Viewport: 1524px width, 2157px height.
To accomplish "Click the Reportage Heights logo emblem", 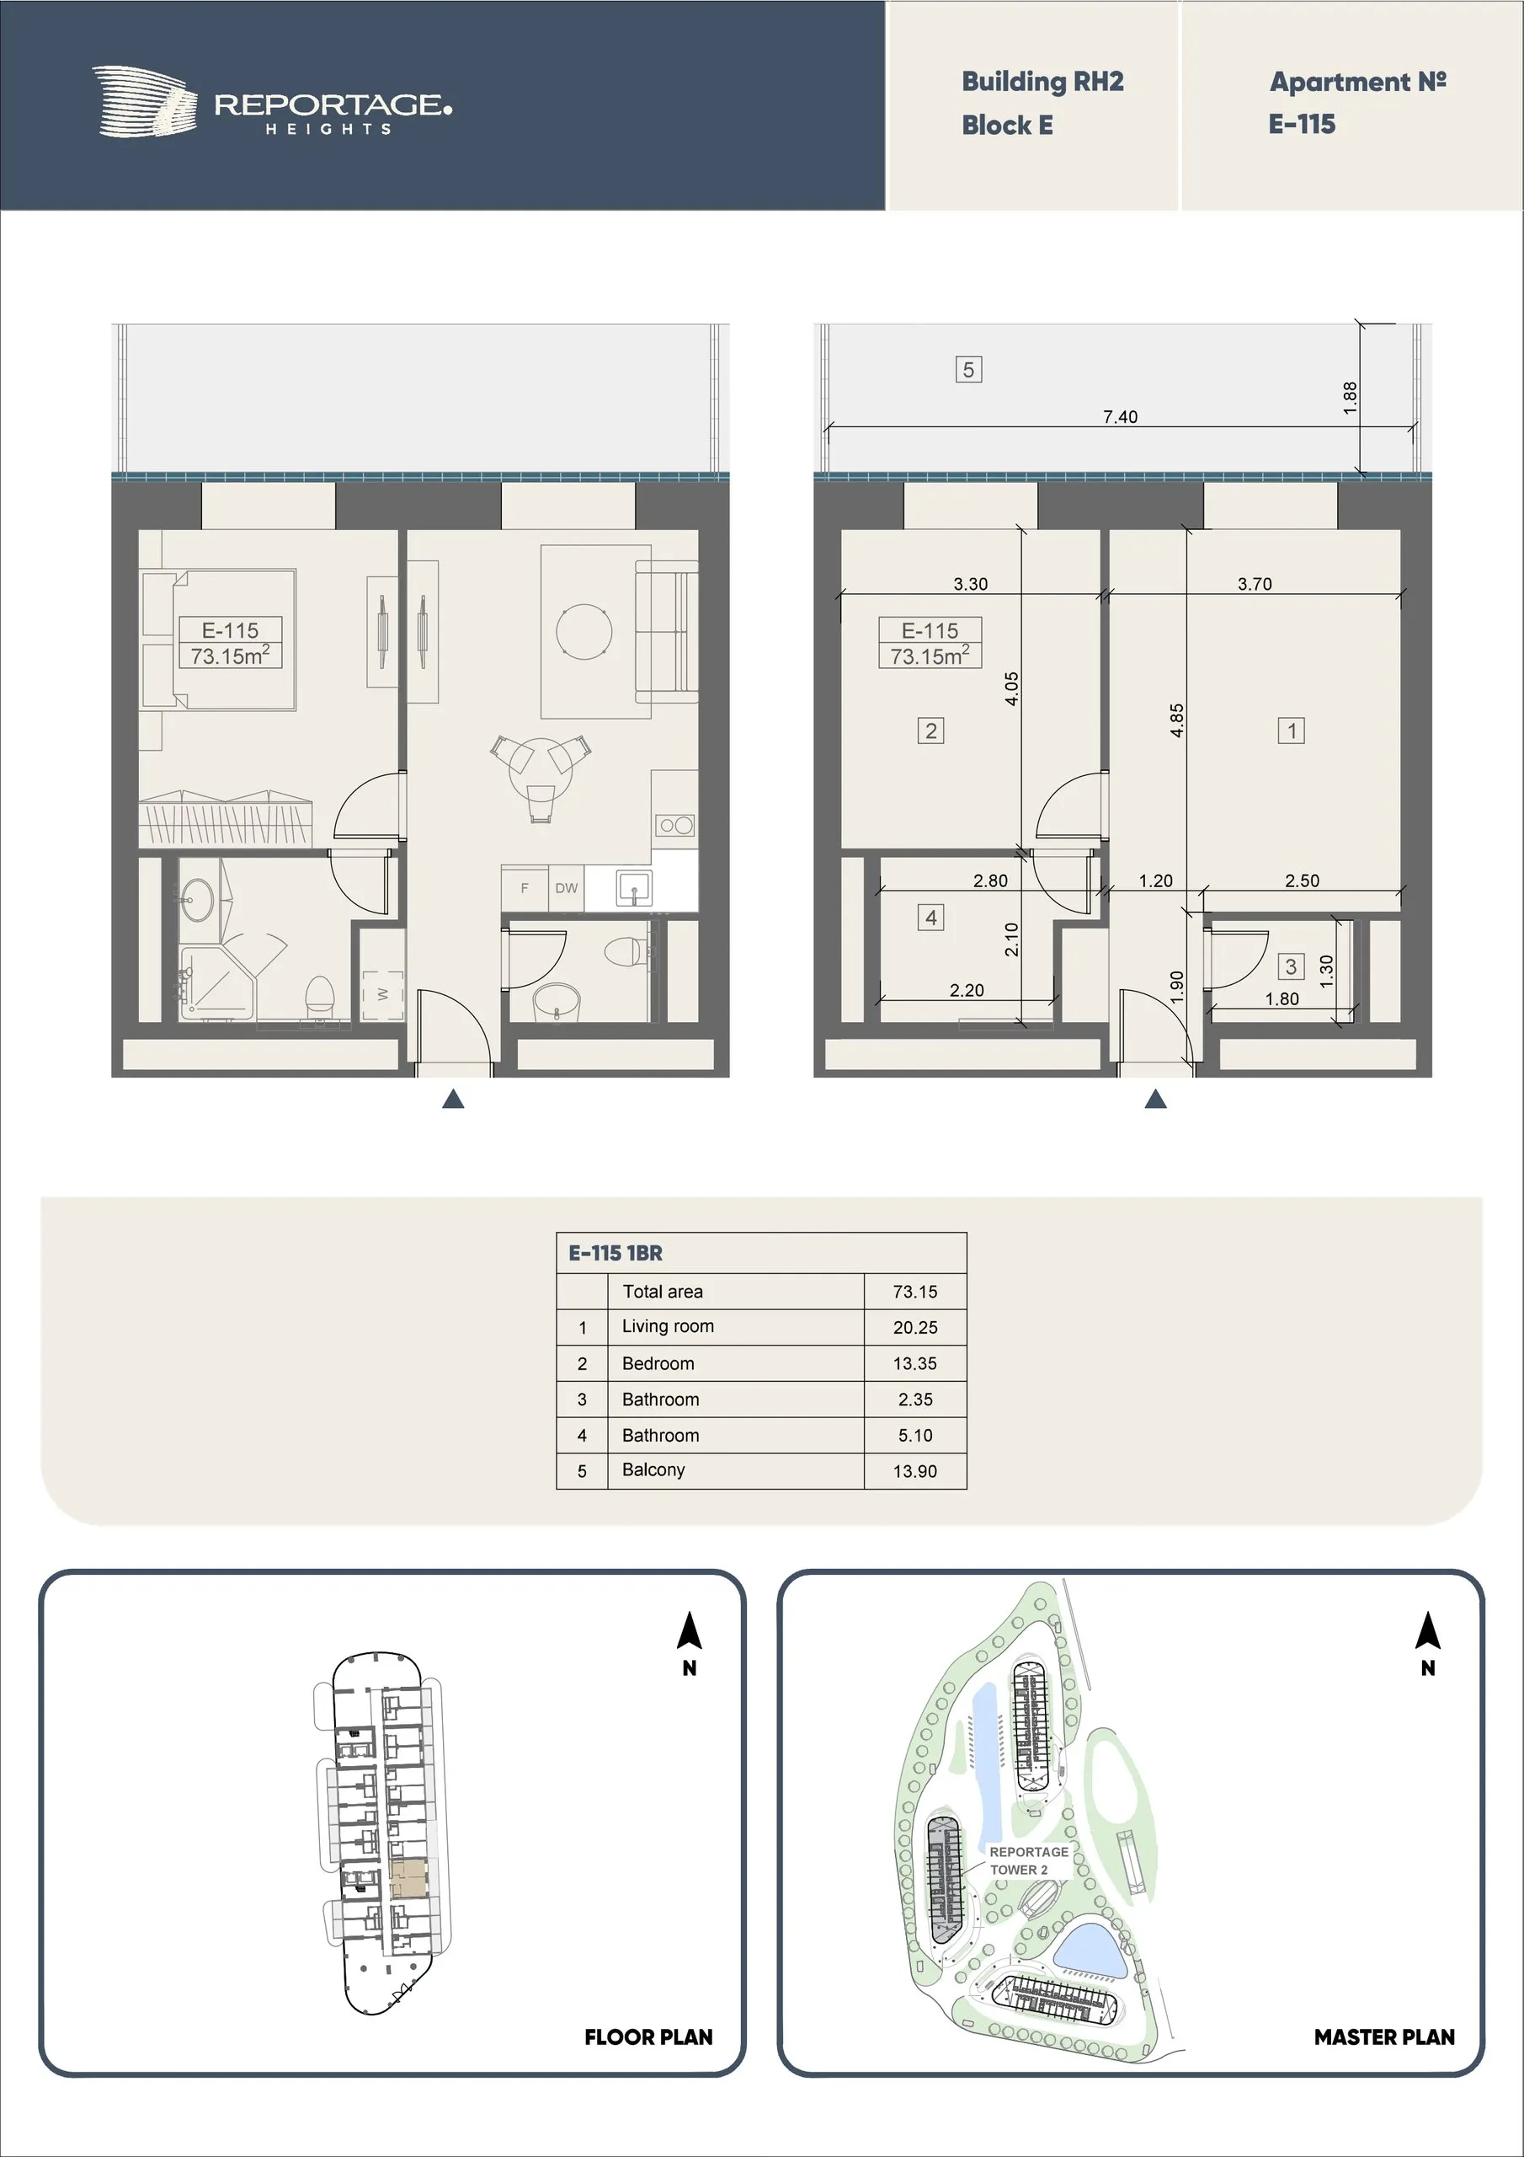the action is (x=145, y=103).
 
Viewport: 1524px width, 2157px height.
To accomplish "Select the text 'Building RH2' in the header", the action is (x=1042, y=82).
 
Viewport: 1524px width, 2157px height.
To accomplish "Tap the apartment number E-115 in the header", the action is (x=1302, y=124).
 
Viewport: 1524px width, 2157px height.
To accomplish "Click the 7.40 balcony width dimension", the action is (x=1120, y=416).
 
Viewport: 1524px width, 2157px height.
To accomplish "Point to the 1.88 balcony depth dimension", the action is (x=1351, y=398).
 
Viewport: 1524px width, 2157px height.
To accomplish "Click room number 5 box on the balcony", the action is (x=968, y=369).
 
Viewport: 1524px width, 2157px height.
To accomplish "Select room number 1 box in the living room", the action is (x=1291, y=730).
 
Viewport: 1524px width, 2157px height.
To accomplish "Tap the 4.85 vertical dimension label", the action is (x=1176, y=720).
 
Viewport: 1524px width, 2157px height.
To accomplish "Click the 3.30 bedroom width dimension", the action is (x=970, y=583).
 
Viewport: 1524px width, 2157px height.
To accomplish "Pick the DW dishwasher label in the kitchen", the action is (x=566, y=888).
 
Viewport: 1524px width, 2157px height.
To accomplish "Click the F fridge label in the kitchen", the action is (x=525, y=888).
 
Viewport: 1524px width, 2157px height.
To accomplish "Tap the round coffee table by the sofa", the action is (x=584, y=631).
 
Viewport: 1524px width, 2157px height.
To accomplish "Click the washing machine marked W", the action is (x=383, y=994).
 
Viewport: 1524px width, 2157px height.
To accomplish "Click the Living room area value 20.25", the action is (x=914, y=1327).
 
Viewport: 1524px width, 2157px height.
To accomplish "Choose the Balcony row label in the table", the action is (x=653, y=1469).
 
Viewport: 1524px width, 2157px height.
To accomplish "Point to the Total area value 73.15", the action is (x=914, y=1292).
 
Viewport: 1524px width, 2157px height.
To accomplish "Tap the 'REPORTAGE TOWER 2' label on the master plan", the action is (x=1028, y=1860).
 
